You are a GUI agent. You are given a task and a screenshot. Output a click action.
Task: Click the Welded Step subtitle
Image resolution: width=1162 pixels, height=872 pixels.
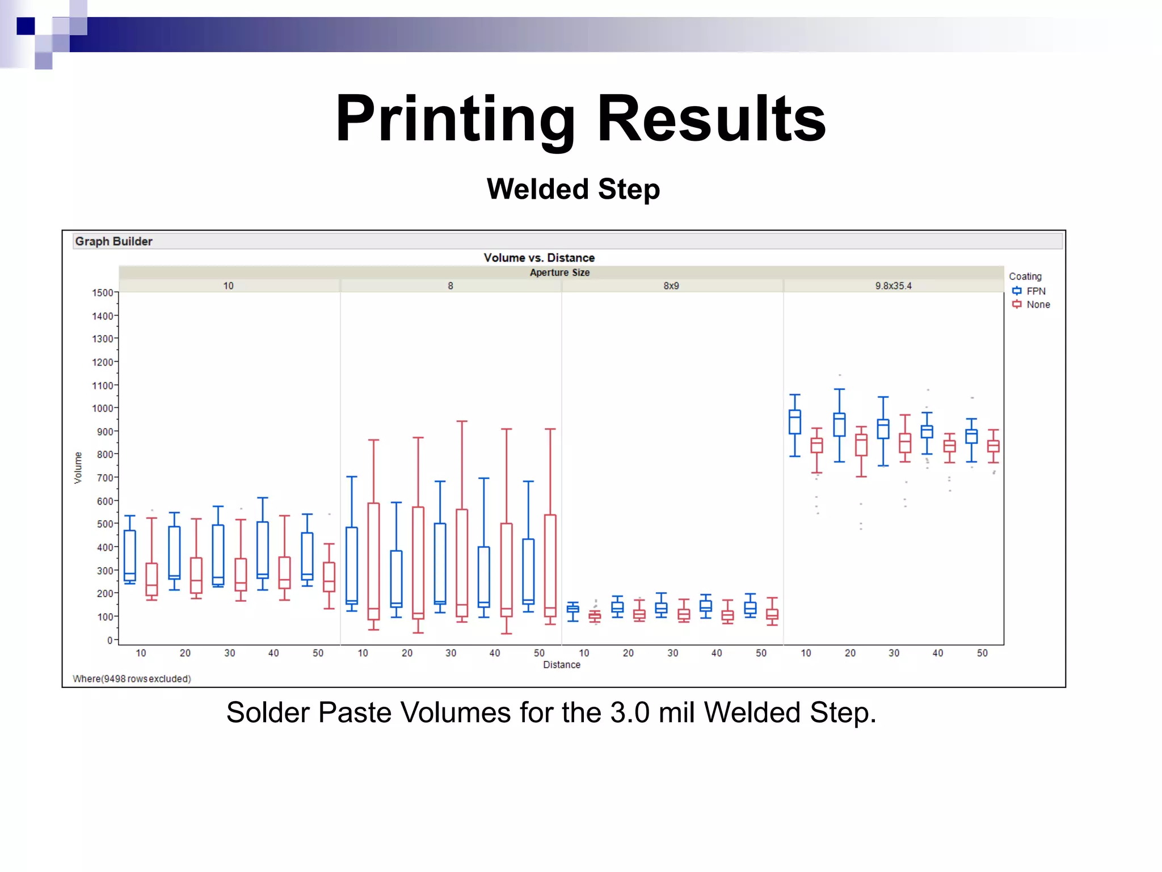[x=573, y=189]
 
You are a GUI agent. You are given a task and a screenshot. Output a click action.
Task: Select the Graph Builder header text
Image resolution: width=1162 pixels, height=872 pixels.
[x=113, y=241]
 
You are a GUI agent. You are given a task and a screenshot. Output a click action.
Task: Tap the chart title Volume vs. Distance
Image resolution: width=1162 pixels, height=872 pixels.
[x=539, y=258]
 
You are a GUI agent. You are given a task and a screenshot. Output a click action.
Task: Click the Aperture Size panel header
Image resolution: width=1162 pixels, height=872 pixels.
[x=559, y=272]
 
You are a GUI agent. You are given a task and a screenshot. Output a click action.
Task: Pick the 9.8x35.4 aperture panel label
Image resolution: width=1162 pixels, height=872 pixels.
[x=893, y=286]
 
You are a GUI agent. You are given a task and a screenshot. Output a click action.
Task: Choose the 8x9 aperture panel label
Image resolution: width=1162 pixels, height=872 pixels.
[x=671, y=286]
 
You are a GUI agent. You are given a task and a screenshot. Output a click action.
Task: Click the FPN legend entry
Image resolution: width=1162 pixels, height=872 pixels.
[x=1035, y=291]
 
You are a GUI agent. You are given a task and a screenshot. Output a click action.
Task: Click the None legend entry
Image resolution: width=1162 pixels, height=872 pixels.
[x=1038, y=305]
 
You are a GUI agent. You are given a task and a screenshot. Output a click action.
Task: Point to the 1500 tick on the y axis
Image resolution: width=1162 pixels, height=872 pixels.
[x=103, y=293]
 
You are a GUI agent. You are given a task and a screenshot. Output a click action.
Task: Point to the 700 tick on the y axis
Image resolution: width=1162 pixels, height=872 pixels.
[x=105, y=478]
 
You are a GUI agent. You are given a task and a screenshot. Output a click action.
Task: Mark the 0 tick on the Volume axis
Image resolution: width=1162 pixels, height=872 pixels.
[x=110, y=640]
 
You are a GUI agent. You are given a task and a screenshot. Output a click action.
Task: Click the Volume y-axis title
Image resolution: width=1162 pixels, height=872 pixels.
[x=78, y=468]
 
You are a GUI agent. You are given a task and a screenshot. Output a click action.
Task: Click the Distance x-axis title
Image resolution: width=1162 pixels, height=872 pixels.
[x=562, y=665]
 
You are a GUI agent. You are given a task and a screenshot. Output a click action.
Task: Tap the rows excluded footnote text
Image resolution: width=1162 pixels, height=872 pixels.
[x=132, y=679]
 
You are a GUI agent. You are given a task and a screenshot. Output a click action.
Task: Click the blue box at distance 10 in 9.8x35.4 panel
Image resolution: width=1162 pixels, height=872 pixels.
[x=795, y=422]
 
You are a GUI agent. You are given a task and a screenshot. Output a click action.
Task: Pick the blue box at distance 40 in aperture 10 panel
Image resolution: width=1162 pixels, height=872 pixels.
[x=263, y=550]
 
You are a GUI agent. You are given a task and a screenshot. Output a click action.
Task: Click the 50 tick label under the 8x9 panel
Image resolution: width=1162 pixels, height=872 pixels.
[x=761, y=653]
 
